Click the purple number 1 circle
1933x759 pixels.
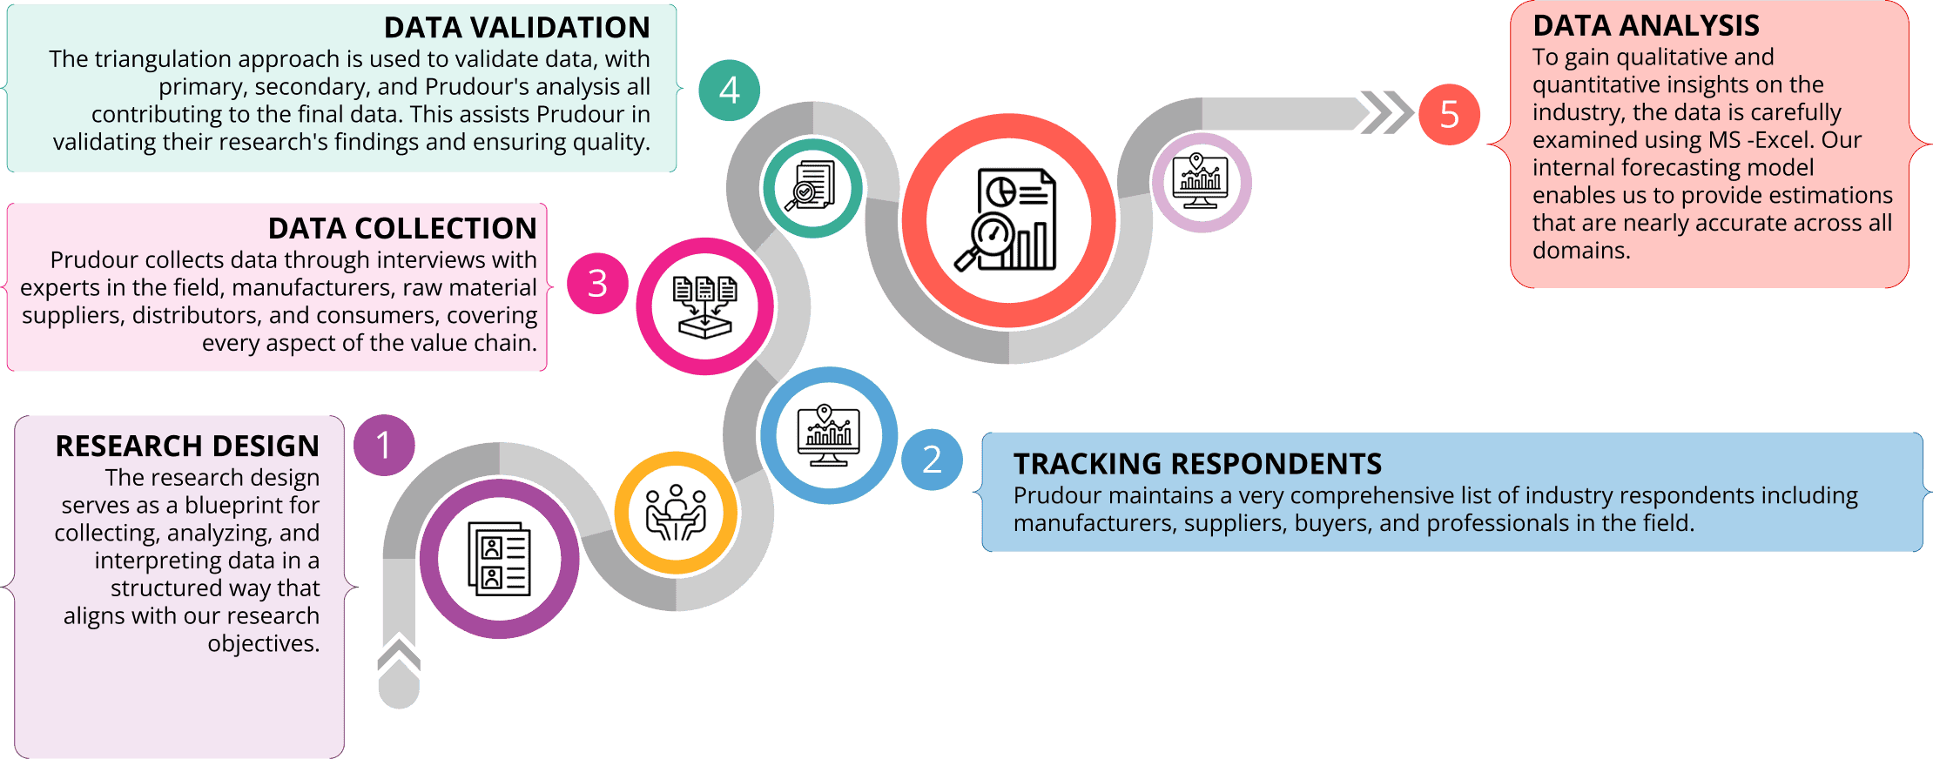(x=384, y=446)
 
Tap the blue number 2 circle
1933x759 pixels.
(x=932, y=460)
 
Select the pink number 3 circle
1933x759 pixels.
(x=597, y=284)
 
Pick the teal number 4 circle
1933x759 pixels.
(x=730, y=91)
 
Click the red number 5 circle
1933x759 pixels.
(x=1449, y=115)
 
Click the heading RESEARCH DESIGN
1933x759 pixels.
(x=187, y=446)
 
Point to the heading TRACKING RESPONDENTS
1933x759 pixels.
(x=1197, y=464)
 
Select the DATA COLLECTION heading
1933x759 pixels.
(x=402, y=228)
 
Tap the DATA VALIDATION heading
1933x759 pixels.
(x=516, y=28)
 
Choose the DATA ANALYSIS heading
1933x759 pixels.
(x=1646, y=26)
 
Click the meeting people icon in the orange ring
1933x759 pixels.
(x=676, y=513)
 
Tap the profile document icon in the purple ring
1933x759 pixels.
(x=499, y=558)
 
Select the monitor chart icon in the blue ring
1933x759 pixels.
(x=828, y=435)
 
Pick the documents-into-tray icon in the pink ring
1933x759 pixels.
(x=705, y=306)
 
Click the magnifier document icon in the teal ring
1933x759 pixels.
(x=812, y=186)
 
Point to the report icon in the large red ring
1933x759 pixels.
(x=1008, y=221)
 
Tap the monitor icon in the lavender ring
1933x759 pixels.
(x=1201, y=182)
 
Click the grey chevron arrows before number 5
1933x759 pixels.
(x=1384, y=112)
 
